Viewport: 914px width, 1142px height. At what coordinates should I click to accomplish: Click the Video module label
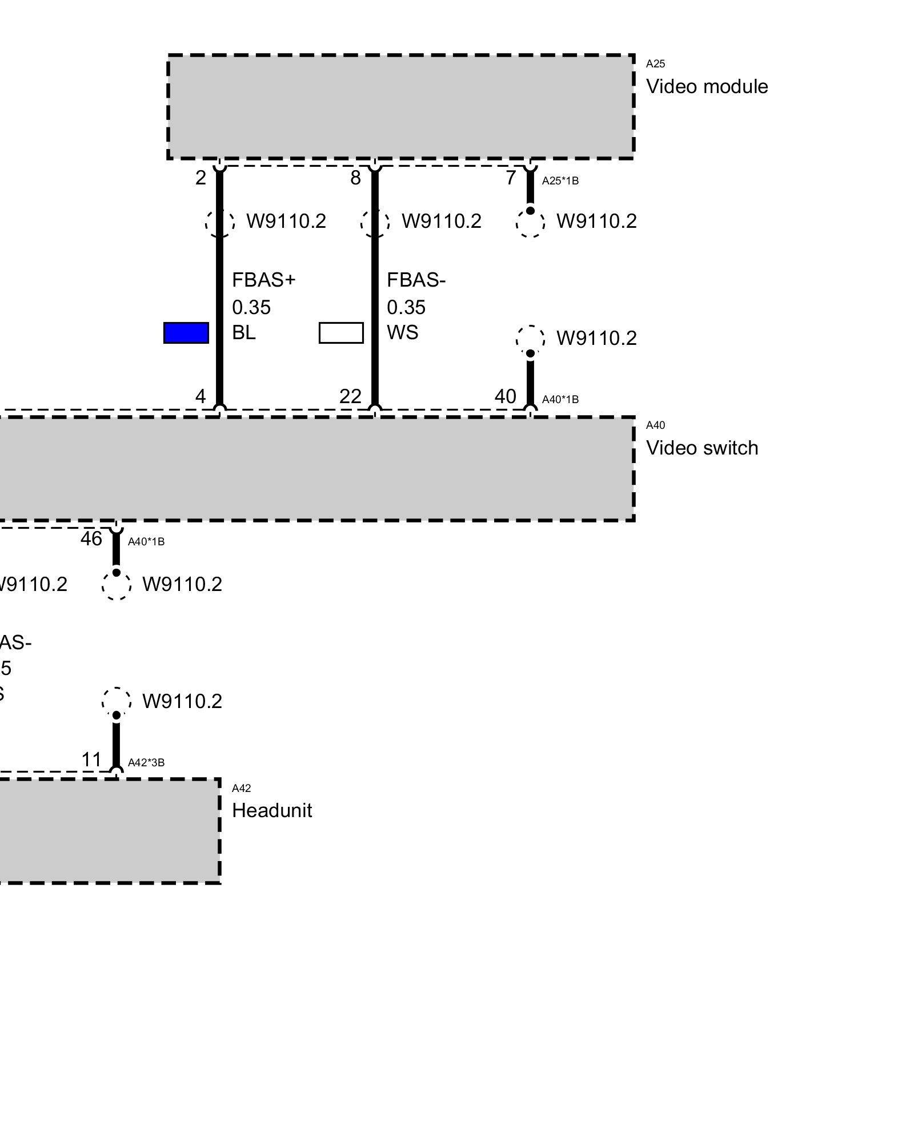pos(707,87)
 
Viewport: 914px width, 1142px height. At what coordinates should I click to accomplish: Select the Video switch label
pos(702,448)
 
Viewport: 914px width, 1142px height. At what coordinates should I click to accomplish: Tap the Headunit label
pos(272,811)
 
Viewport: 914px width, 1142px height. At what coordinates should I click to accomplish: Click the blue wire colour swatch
pos(186,333)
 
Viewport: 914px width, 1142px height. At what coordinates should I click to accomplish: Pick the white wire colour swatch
pos(341,333)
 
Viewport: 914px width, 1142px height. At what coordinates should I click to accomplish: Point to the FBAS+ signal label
pos(264,280)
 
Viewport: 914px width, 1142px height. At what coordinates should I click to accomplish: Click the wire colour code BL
pos(244,332)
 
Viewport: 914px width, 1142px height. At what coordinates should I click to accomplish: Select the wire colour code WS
pos(403,332)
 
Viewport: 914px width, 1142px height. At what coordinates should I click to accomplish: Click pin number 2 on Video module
pos(201,178)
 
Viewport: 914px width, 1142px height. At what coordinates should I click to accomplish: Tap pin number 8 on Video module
pos(356,178)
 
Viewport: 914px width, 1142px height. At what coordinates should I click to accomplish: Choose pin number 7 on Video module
pos(511,178)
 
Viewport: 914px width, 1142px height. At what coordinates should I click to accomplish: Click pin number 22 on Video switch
pos(350,396)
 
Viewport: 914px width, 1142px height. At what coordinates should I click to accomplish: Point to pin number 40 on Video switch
pos(506,396)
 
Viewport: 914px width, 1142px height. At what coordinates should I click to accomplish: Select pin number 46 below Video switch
pos(91,538)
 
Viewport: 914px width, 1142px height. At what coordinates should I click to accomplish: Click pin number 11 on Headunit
pos(91,760)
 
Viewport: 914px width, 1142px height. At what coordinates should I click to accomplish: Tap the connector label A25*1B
pos(560,181)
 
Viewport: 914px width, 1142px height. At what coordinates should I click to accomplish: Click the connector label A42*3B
pos(146,762)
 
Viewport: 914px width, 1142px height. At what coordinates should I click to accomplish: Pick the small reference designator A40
pos(655,425)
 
